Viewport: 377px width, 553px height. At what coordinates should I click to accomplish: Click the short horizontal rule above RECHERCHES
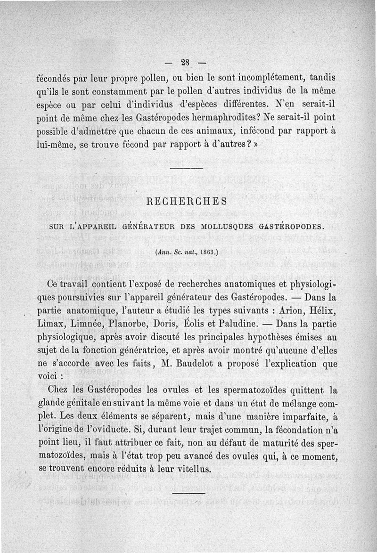pos(186,168)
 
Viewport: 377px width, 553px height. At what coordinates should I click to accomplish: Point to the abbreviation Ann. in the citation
pos(163,252)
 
